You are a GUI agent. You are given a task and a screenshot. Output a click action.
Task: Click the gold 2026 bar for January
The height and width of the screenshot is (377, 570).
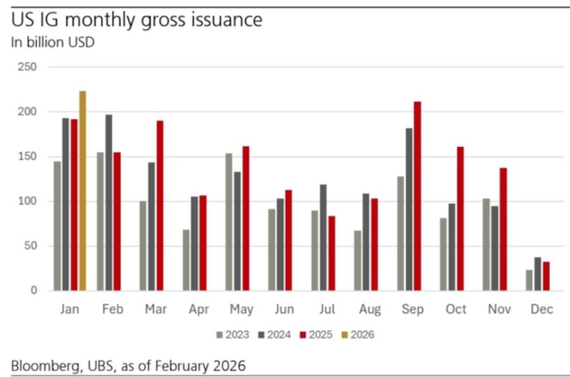point(82,191)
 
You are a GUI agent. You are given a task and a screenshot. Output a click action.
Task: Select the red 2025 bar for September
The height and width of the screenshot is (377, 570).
point(417,196)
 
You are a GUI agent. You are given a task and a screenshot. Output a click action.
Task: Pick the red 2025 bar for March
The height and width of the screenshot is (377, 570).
point(160,205)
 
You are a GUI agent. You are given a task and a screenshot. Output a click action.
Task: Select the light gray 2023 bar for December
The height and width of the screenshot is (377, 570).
point(529,280)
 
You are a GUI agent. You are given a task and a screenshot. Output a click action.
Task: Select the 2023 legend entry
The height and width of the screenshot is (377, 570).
point(232,335)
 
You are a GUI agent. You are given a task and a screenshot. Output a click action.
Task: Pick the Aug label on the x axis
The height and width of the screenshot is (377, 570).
point(370,309)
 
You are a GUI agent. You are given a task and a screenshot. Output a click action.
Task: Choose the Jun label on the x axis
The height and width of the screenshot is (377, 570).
point(284,309)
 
